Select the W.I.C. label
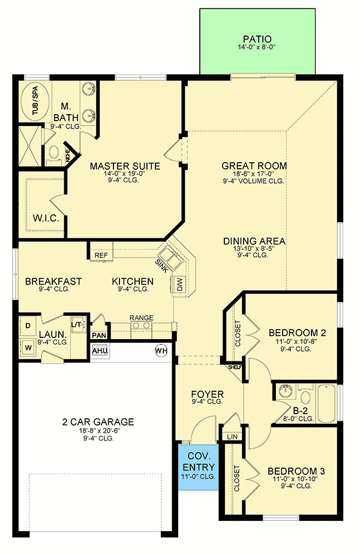[x=46, y=218]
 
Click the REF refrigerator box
[x=101, y=256]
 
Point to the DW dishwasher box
[x=179, y=285]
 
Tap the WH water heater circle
[x=161, y=350]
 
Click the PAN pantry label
[x=100, y=335]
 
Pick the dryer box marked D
[x=27, y=326]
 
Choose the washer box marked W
[x=27, y=346]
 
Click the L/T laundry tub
[x=77, y=324]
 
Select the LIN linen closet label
[x=232, y=436]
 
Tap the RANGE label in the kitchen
[x=141, y=318]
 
